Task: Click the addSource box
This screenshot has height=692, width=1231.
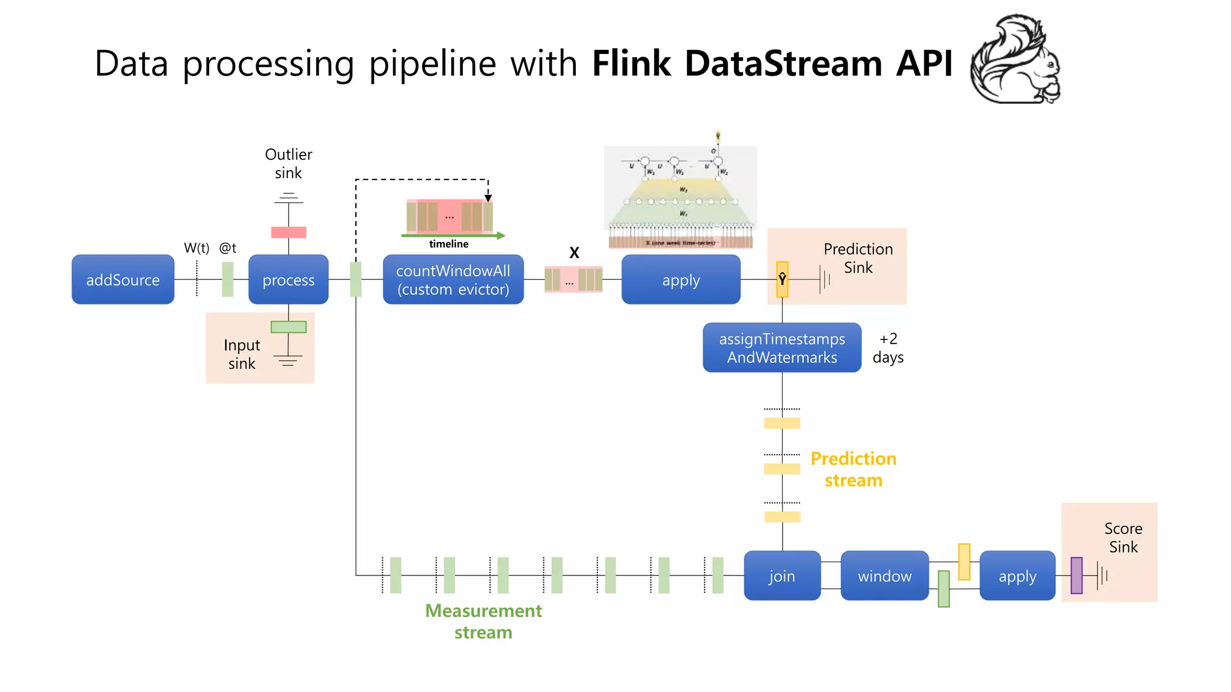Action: tap(123, 280)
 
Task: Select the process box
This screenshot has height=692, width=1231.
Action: tap(289, 280)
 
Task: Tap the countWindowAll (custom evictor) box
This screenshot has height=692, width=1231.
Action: tap(453, 280)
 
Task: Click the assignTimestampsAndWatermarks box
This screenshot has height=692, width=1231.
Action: tap(782, 348)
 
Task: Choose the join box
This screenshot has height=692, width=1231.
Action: tap(782, 576)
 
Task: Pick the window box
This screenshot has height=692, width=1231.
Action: tap(884, 576)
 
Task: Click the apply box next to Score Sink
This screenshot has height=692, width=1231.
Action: tap(1017, 576)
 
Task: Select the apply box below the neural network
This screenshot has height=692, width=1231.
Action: tap(680, 280)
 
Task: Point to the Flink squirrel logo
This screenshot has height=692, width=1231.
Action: tap(1016, 60)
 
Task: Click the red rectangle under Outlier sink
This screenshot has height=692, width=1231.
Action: tap(289, 232)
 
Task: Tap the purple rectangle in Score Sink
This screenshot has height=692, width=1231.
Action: tap(1077, 575)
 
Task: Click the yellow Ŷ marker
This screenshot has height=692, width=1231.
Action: tap(782, 279)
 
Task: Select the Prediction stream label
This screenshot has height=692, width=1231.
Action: tap(853, 469)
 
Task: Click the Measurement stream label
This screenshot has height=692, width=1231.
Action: tap(483, 621)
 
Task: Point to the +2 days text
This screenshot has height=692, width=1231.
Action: tap(888, 348)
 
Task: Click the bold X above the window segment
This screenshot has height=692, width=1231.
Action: tap(574, 253)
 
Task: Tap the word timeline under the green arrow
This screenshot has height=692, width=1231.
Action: tap(448, 244)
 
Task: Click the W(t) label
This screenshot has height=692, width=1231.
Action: tap(197, 248)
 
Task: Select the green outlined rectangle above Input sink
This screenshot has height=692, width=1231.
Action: tap(289, 327)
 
